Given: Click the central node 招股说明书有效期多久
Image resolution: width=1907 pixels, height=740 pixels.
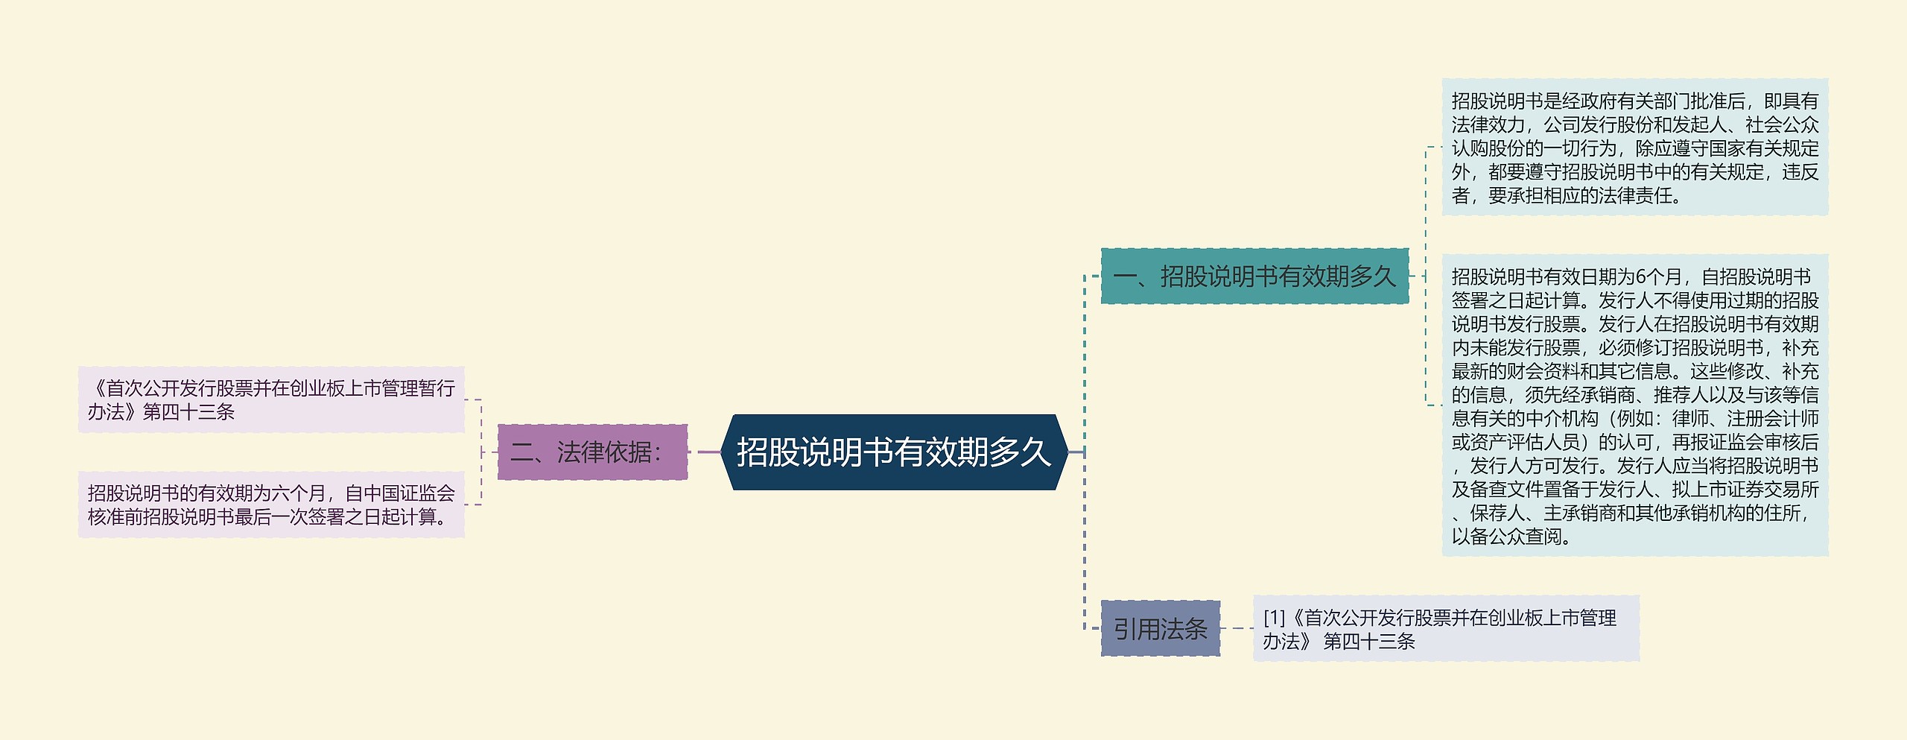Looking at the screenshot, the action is (893, 452).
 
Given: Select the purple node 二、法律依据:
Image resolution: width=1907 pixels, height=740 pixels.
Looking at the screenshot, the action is (592, 452).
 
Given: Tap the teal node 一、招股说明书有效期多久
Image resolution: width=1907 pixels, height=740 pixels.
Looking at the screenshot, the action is (1254, 276).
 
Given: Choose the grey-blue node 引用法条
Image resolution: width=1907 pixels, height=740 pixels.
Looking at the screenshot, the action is (1160, 629).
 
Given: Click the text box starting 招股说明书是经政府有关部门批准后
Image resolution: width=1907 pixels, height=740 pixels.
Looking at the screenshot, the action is (1634, 148).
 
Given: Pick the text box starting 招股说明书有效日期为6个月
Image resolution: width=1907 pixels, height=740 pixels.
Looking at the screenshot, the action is (1634, 405).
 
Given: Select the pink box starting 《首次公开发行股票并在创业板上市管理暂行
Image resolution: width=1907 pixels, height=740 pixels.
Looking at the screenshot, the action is (271, 399).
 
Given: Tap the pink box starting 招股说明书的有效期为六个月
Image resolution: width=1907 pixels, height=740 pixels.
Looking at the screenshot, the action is (271, 505).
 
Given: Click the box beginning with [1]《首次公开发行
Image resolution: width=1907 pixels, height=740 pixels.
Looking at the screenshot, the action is (1446, 629).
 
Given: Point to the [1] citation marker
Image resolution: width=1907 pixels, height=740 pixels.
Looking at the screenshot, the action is (1275, 618).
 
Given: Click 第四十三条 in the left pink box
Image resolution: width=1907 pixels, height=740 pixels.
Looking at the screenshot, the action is (188, 412).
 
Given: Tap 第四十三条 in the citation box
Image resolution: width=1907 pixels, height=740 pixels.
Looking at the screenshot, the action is (1369, 642).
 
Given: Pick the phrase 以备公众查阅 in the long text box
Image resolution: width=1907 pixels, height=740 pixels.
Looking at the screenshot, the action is (1506, 537).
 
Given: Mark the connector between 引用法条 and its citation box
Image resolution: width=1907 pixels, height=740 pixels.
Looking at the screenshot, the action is (1237, 628).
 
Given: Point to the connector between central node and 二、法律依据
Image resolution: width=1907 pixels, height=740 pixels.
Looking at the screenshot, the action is (704, 452).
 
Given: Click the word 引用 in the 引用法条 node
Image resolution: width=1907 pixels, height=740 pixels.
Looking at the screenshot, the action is (1137, 629).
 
